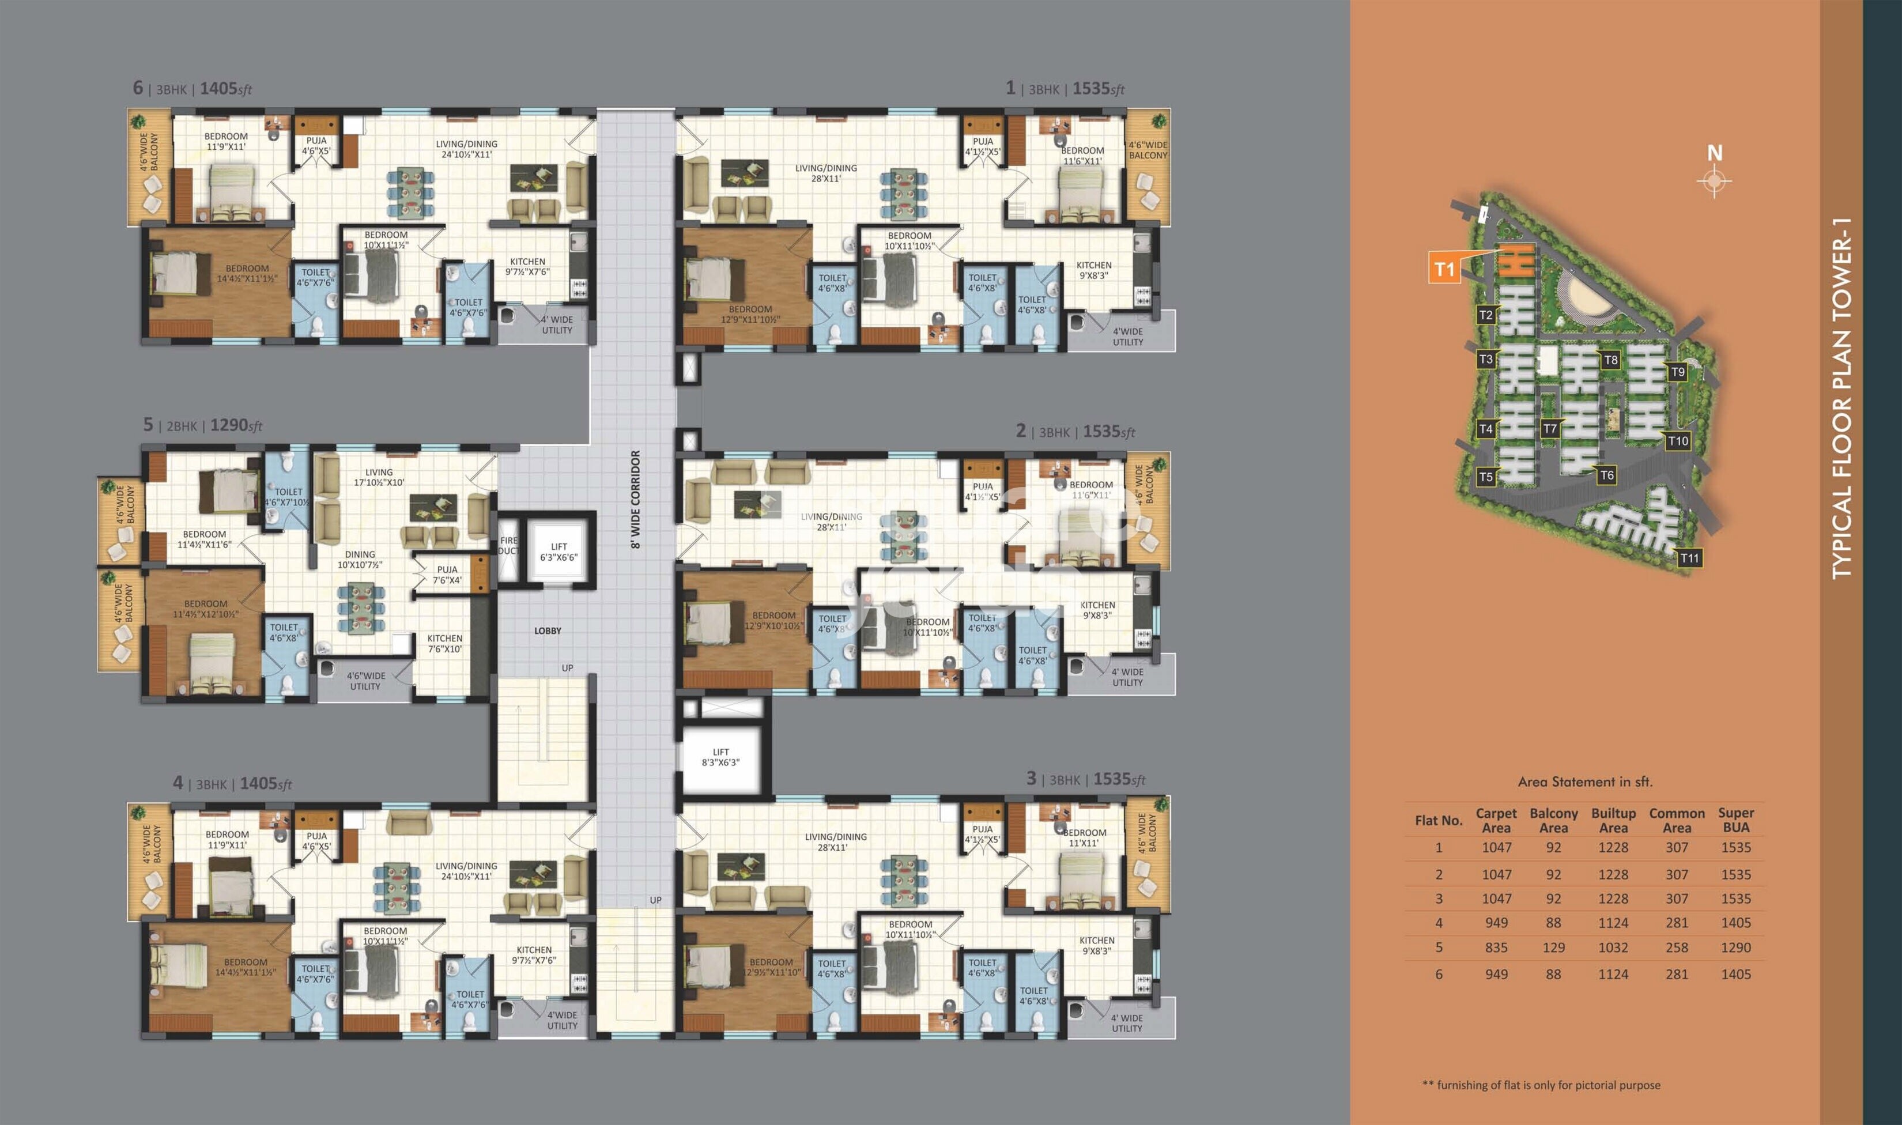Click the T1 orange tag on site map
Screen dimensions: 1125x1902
pyautogui.click(x=1444, y=269)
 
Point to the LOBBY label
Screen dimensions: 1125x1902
pyautogui.click(x=548, y=631)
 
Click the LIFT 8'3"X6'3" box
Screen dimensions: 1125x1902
pyautogui.click(x=720, y=757)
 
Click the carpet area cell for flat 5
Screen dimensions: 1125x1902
pyautogui.click(x=1496, y=947)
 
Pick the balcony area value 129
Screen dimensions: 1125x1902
pyautogui.click(x=1553, y=947)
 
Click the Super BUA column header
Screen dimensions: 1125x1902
pyautogui.click(x=1735, y=820)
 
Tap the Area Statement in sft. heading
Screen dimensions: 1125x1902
pyautogui.click(x=1585, y=782)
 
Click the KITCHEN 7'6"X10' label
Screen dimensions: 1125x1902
pyautogui.click(x=444, y=644)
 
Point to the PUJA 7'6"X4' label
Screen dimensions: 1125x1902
pyautogui.click(x=447, y=575)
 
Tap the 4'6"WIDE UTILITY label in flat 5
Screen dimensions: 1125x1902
pyautogui.click(x=365, y=681)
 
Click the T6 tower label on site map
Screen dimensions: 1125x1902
pyautogui.click(x=1606, y=475)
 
